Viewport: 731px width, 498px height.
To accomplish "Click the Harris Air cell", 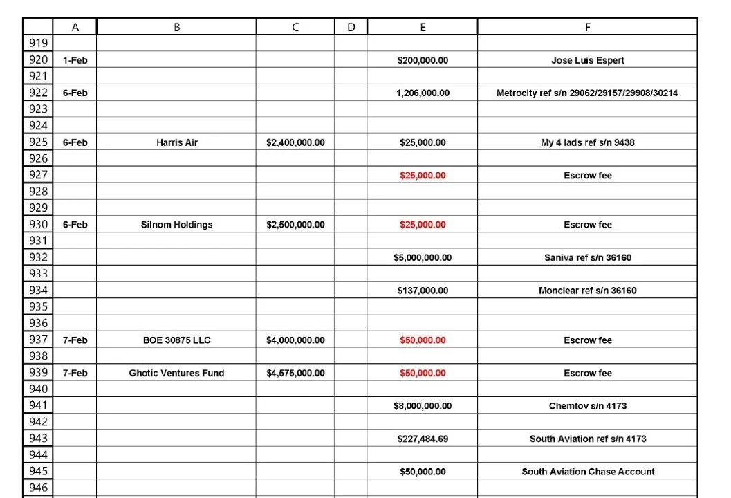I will tap(176, 142).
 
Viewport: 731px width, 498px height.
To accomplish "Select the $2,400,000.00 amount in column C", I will tap(295, 142).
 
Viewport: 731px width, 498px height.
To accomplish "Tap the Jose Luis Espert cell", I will tap(587, 60).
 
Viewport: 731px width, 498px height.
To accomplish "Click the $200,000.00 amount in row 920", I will tap(423, 60).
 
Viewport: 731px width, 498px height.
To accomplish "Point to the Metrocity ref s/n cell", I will tap(587, 93).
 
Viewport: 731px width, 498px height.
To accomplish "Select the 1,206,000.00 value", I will tap(423, 93).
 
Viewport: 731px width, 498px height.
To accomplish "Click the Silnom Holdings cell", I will tap(176, 225).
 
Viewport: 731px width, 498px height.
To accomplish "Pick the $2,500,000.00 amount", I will tap(295, 225).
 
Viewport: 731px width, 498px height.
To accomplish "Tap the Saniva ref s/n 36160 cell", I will tap(587, 257).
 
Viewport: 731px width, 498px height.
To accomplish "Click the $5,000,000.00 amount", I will tap(423, 257).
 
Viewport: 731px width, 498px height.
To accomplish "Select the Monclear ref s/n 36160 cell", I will tap(587, 290).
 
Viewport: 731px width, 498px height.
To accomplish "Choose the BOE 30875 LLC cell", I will tap(176, 340).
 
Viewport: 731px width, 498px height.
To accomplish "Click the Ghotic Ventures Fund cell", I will tap(176, 373).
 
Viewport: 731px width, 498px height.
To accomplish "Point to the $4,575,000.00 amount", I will tap(295, 373).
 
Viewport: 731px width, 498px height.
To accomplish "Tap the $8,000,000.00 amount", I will tap(423, 406).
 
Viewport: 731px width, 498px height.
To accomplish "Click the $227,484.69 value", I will tap(423, 439).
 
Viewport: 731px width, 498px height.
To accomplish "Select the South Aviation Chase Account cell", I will tap(587, 472).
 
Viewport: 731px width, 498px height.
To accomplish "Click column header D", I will tap(351, 27).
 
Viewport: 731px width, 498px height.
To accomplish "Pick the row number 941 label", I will tap(38, 406).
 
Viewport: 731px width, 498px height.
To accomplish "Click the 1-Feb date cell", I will tap(75, 60).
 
